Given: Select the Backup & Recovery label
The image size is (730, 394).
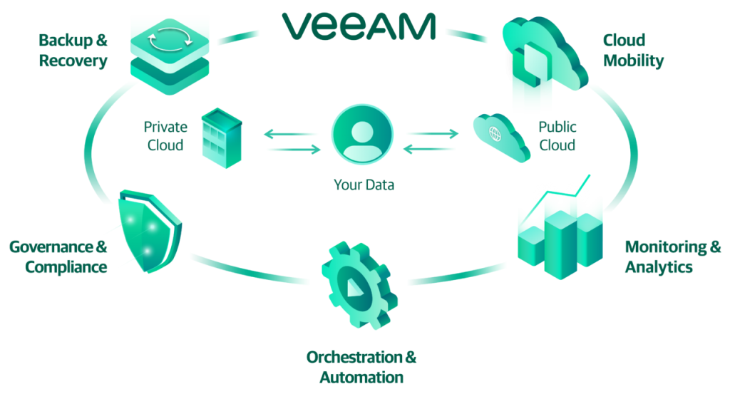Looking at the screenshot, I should (73, 50).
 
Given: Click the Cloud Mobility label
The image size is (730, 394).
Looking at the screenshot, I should (634, 50).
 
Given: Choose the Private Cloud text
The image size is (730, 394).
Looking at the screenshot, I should (165, 136).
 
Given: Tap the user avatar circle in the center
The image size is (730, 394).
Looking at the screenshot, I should (362, 134).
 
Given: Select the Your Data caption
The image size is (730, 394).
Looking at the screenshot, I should (364, 185).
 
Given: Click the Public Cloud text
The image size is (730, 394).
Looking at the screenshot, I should (557, 136).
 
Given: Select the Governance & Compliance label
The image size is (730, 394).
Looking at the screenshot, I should (58, 256).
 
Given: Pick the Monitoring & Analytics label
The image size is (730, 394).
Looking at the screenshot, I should (672, 256).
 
